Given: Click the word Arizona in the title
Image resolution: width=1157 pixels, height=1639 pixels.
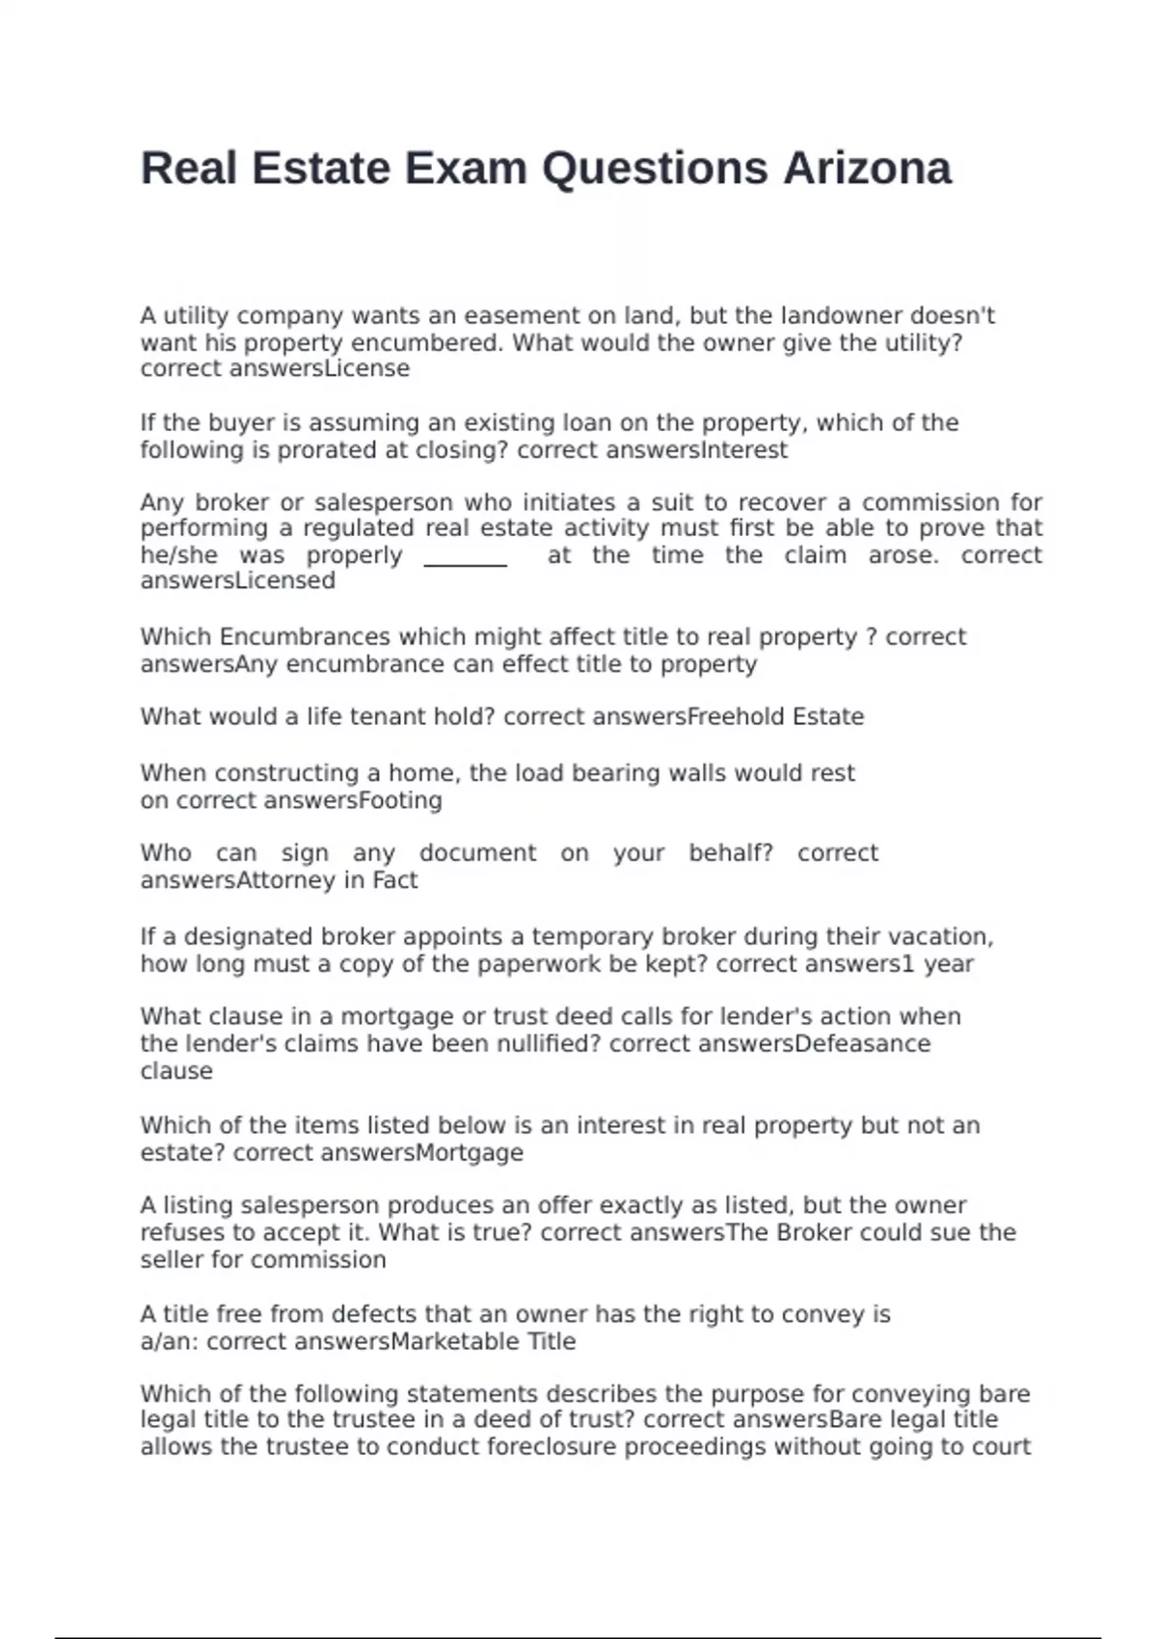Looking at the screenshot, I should (867, 169).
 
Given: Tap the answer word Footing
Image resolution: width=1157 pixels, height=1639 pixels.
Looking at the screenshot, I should (400, 801).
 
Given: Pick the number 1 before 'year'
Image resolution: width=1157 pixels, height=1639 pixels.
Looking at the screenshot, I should (907, 965).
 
